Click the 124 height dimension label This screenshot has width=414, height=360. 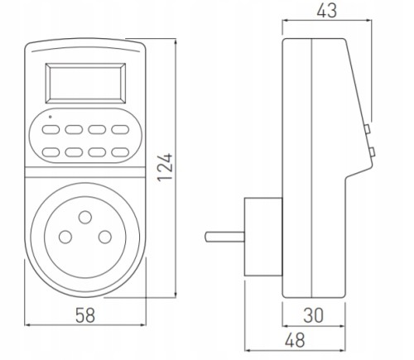pyautogui.click(x=166, y=167)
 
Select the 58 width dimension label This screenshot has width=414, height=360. pyautogui.click(x=85, y=315)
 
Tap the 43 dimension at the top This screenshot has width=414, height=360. pyautogui.click(x=327, y=11)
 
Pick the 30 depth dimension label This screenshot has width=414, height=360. pyautogui.click(x=314, y=315)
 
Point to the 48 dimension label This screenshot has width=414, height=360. pyautogui.click(x=296, y=340)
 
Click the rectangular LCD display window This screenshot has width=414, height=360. pyautogui.click(x=85, y=84)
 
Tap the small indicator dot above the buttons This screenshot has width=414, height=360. pyautogui.click(x=50, y=117)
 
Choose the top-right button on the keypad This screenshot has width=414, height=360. pyautogui.click(x=120, y=129)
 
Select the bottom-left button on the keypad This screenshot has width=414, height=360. pyautogui.click(x=51, y=152)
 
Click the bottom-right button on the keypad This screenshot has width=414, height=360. pyautogui.click(x=120, y=152)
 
